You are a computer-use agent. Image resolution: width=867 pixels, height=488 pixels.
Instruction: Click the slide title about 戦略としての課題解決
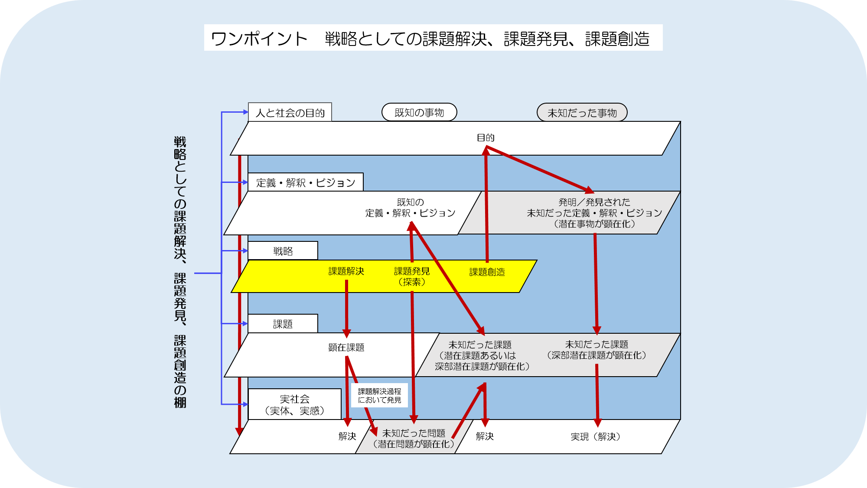433,38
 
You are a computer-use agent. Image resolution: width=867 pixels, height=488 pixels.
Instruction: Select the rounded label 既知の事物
419,112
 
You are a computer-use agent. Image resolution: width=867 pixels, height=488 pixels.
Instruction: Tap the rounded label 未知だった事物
582,113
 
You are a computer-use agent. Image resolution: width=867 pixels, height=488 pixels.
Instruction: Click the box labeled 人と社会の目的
290,112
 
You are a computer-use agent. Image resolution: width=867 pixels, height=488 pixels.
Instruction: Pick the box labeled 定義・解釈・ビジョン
305,182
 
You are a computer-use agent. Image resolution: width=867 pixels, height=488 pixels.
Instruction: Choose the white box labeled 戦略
283,251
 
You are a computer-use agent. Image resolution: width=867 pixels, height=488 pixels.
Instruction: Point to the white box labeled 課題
283,324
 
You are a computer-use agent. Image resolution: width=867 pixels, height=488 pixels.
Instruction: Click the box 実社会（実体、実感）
294,404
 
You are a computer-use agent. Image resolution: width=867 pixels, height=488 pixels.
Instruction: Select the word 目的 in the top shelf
486,137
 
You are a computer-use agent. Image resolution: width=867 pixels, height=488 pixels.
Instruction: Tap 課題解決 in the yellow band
346,271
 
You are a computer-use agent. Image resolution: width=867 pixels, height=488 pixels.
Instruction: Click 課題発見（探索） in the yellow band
412,276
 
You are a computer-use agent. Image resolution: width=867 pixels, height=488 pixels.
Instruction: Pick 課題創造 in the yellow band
487,272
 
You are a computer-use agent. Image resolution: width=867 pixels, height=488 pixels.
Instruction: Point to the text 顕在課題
346,347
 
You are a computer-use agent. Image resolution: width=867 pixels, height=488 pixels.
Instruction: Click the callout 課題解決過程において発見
379,395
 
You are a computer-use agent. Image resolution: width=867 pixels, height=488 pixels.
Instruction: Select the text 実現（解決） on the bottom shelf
595,436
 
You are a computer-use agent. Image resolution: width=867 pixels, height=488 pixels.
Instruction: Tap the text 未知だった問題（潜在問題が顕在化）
414,438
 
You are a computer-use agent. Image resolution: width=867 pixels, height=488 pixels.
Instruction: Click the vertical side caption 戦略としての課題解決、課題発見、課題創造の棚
180,272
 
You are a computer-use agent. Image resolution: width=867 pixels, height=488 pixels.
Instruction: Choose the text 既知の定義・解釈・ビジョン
410,208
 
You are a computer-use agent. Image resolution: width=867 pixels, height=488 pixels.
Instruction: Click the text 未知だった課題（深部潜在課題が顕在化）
596,350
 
